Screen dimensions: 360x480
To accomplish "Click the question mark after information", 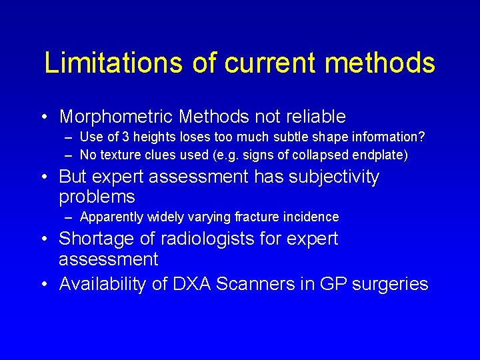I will pos(423,137).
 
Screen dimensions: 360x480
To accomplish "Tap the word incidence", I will pos(312,217).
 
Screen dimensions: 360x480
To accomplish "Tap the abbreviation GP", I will pos(331,285).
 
